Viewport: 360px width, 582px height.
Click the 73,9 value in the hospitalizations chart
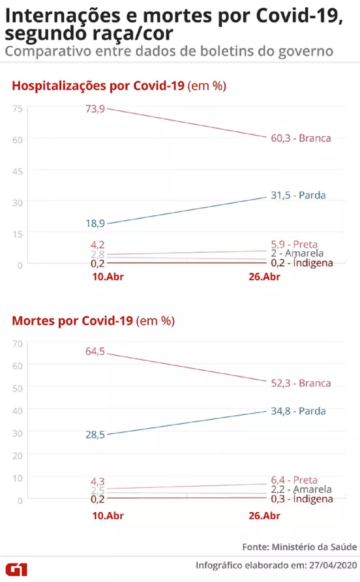pos(95,109)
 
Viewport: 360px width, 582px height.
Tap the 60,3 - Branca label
pos(301,138)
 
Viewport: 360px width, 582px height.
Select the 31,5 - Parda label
pos(298,195)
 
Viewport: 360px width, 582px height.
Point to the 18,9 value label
pos(95,223)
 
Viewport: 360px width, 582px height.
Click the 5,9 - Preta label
pos(294,244)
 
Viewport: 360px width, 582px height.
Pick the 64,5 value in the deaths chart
pos(95,351)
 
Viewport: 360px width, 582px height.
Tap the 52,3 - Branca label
pos(301,383)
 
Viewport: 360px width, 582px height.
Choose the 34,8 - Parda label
pos(298,411)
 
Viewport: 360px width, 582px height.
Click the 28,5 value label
pos(95,435)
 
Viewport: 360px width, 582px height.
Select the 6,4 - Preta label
pos(294,480)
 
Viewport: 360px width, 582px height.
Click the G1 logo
pos(16,569)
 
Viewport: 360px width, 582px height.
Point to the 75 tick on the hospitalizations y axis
pos(17,109)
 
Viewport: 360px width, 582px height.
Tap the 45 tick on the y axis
pos(17,171)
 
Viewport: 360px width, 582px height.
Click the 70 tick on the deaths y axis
pos(17,343)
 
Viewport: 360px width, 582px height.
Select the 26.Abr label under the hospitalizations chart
pos(264,277)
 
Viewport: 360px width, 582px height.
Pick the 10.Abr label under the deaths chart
pos(108,516)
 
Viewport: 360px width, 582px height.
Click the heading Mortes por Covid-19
pos(72,321)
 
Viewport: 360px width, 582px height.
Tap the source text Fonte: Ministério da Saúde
pos(299,547)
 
